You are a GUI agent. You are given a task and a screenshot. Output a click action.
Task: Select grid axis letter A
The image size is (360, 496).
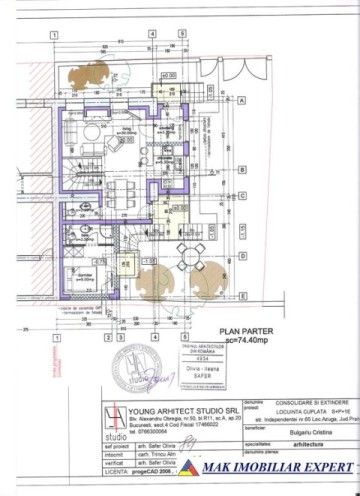[x=243, y=100]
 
